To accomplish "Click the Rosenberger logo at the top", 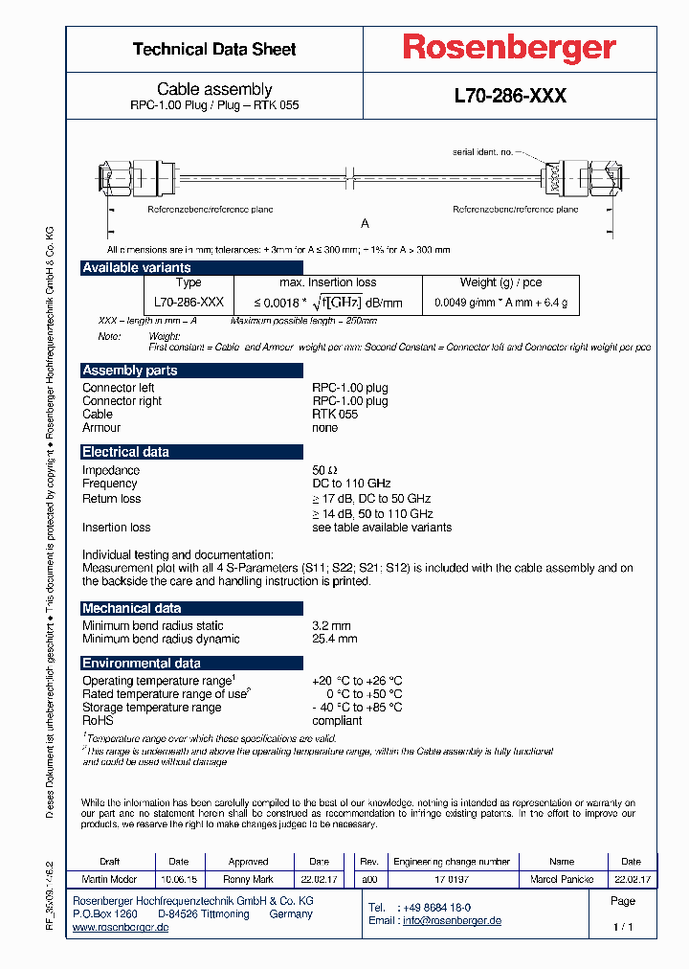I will point(508,49).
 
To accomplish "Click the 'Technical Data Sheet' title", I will point(214,49).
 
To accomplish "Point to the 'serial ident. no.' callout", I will point(484,151).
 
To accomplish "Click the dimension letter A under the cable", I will point(365,223).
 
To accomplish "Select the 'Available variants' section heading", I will point(136,267).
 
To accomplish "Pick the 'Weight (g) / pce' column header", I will point(500,282).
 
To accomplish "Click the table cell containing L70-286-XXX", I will point(189,302).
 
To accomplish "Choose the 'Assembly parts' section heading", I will point(130,370).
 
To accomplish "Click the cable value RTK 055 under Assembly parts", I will point(334,415).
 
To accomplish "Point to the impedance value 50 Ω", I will point(325,470).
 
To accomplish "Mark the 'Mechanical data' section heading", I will point(131,608).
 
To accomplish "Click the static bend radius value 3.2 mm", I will point(331,625).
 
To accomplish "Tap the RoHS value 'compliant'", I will point(337,720).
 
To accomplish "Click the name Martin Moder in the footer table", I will point(109,879).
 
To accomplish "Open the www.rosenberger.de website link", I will point(121,928).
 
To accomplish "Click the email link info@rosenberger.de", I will point(452,920).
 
